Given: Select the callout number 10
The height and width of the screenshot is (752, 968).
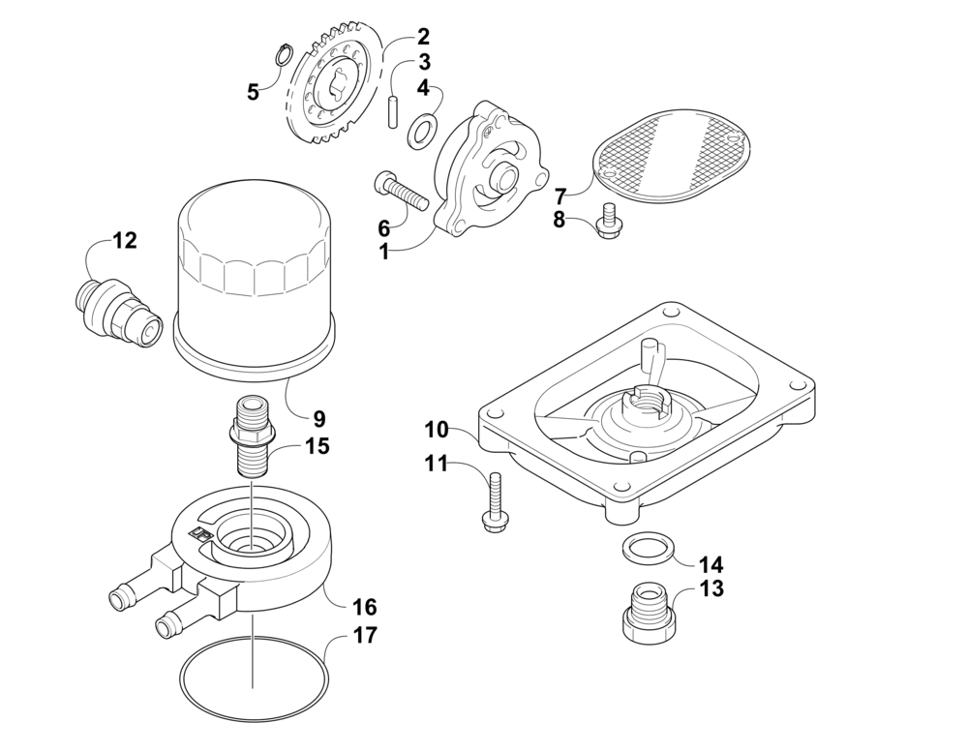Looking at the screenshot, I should (436, 429).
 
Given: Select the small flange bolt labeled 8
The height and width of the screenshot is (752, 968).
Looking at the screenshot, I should (610, 224).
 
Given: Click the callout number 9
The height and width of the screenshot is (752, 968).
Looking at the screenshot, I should (318, 419).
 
